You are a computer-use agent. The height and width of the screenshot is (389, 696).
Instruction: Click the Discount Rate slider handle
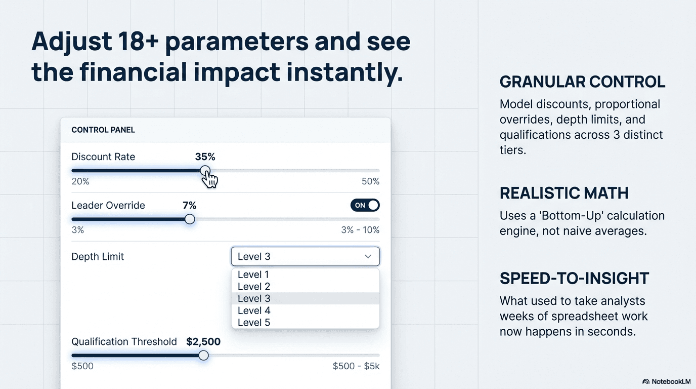[x=205, y=171]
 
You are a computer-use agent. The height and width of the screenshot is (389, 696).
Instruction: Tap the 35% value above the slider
[x=205, y=157]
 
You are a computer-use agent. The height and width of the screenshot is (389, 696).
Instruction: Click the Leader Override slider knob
[x=190, y=219]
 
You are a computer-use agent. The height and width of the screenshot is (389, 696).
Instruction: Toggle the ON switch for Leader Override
[x=365, y=205]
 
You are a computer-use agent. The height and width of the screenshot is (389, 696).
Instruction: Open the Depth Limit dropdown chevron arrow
[x=368, y=257]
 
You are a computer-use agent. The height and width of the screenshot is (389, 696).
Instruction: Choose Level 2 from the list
[x=253, y=287]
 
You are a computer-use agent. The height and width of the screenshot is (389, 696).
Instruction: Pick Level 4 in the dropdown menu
[x=253, y=310]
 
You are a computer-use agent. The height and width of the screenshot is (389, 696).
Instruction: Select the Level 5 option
[x=253, y=323]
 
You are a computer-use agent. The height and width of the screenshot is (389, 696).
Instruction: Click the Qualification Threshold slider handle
[x=203, y=356]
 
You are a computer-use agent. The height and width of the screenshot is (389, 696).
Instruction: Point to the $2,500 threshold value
[x=203, y=342]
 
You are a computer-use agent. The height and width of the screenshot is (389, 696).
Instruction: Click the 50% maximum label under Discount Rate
[x=370, y=182]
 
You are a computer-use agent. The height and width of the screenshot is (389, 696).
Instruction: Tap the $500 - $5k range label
[x=356, y=366]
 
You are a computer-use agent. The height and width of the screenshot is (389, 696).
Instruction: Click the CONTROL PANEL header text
[x=103, y=130]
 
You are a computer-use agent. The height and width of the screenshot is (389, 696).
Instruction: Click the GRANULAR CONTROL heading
[x=582, y=82]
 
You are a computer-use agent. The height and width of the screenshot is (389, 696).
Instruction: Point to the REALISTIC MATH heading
[x=564, y=193]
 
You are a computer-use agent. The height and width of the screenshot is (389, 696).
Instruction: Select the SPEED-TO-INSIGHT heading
[x=574, y=279]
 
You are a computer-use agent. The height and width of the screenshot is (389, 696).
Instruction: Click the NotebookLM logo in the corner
[x=666, y=381]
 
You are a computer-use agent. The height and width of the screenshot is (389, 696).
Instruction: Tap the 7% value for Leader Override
[x=189, y=206]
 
